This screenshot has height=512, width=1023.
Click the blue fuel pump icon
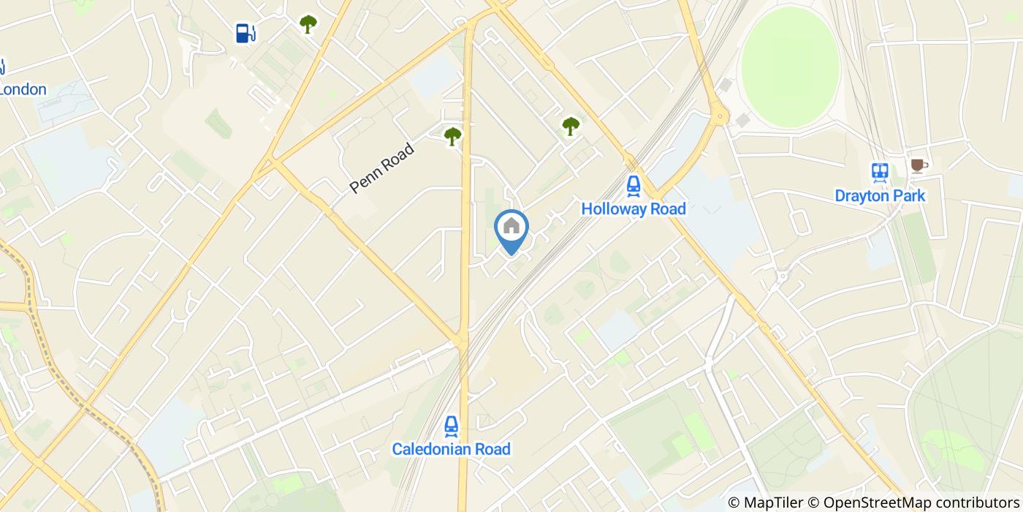tap(246, 33)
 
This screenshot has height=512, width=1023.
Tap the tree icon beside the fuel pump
tap(308, 24)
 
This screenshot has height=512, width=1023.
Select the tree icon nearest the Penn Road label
tap(453, 135)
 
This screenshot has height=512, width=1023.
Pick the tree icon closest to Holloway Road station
tap(571, 126)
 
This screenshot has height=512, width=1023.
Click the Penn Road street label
tap(381, 168)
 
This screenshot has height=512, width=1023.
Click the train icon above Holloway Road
tap(634, 186)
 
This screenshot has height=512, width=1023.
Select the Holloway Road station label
tap(634, 209)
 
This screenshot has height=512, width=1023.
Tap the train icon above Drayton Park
tap(880, 173)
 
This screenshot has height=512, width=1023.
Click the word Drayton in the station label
tap(861, 196)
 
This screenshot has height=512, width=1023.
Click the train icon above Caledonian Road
tap(452, 426)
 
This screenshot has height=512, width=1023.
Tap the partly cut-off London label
tap(23, 90)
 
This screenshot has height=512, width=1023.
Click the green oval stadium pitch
tap(790, 67)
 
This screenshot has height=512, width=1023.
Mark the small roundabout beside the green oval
tap(720, 114)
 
